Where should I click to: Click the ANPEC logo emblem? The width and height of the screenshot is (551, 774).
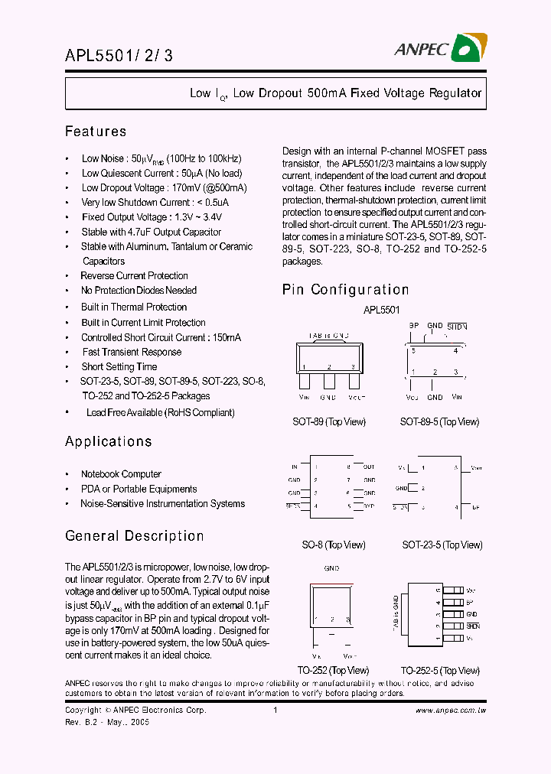click(x=466, y=49)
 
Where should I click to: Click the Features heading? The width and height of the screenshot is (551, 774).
click(x=96, y=132)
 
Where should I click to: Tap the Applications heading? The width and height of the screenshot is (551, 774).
click(x=109, y=441)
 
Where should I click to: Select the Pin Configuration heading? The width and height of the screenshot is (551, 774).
click(x=345, y=290)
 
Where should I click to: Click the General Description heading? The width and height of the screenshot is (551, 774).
click(x=134, y=536)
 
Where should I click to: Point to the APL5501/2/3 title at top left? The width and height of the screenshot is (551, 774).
click(x=119, y=56)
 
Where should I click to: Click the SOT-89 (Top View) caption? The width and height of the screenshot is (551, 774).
click(x=329, y=421)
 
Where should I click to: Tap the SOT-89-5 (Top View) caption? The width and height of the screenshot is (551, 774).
click(x=439, y=421)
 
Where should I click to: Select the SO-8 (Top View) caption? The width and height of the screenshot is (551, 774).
click(x=333, y=545)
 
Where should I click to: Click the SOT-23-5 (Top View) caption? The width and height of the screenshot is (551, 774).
click(x=442, y=545)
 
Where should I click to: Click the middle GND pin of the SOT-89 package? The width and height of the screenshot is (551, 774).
click(x=328, y=379)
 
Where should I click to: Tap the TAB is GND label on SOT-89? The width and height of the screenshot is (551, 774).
click(x=328, y=335)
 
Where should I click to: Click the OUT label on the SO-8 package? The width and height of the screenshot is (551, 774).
click(x=369, y=467)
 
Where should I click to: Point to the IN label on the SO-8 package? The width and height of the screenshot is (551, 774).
click(x=295, y=467)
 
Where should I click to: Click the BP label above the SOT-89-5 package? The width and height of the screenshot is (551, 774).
click(x=413, y=326)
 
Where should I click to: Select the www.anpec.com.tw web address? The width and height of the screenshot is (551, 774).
click(x=451, y=711)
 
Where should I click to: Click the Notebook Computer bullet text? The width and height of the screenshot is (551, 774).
click(x=122, y=474)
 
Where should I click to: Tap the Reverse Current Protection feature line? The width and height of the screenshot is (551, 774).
click(x=134, y=275)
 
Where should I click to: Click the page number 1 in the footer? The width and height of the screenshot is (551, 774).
click(x=275, y=711)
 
